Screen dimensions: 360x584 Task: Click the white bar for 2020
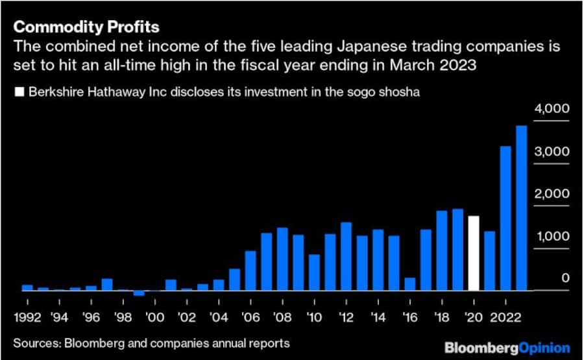pyautogui.click(x=474, y=254)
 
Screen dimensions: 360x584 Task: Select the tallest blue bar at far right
pyautogui.click(x=521, y=208)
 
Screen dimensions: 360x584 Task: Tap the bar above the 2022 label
pyautogui.click(x=505, y=219)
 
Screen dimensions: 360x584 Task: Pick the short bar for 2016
pyautogui.click(x=409, y=284)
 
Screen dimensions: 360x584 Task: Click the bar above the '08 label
pyautogui.click(x=282, y=259)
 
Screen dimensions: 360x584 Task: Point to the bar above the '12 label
pyautogui.click(x=346, y=256)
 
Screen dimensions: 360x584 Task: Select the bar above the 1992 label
pyautogui.click(x=27, y=287)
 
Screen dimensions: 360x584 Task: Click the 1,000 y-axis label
pyautogui.click(x=552, y=236)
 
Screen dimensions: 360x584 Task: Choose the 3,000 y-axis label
pyautogui.click(x=552, y=151)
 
